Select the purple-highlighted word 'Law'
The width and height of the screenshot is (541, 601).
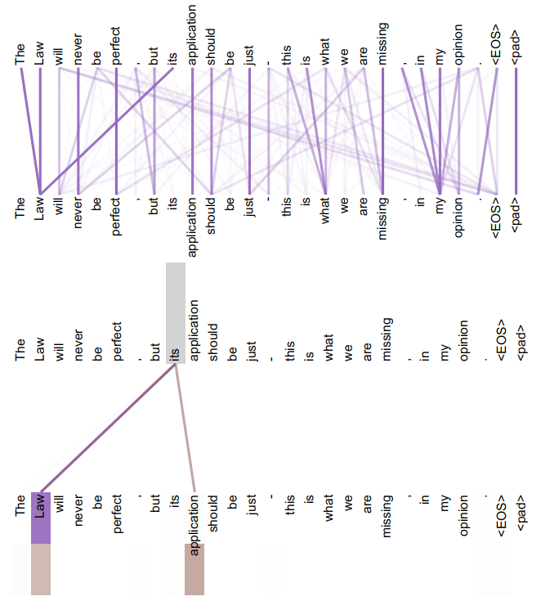coord(40,516)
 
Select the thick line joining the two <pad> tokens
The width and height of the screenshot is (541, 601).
coord(516,131)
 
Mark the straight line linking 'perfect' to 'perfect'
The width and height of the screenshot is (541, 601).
coord(116,131)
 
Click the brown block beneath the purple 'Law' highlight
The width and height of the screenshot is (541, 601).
coord(40,569)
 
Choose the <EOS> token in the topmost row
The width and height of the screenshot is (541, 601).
coord(498,45)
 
